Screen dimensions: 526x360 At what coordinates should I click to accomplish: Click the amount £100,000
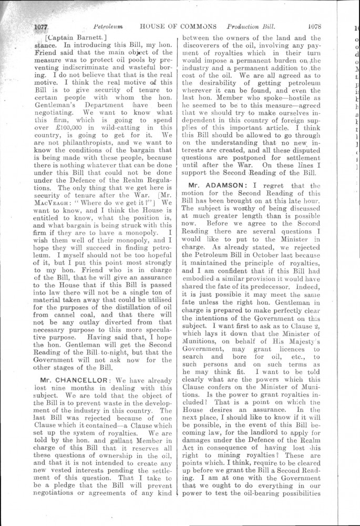point(70,127)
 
